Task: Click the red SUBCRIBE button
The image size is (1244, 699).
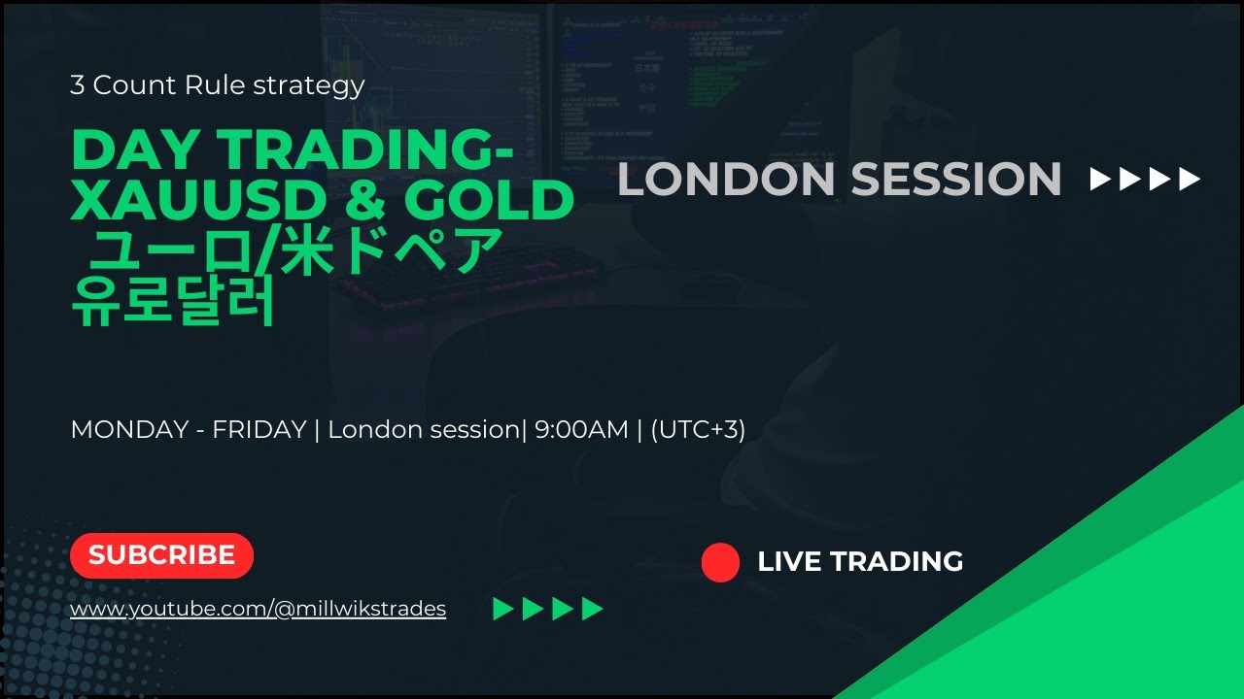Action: tap(161, 555)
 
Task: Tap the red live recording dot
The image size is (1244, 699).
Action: tap(720, 562)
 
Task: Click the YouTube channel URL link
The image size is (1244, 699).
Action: tap(258, 609)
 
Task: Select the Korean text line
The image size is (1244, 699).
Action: tap(174, 302)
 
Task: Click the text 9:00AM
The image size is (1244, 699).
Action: tap(580, 429)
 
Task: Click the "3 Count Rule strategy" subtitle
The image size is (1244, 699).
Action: tap(217, 85)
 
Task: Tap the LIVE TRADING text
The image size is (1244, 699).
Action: tap(860, 561)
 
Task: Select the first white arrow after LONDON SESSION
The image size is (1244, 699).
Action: tap(1101, 180)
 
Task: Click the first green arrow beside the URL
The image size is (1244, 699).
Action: tap(502, 610)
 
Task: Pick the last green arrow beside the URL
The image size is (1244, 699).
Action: tap(593, 610)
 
